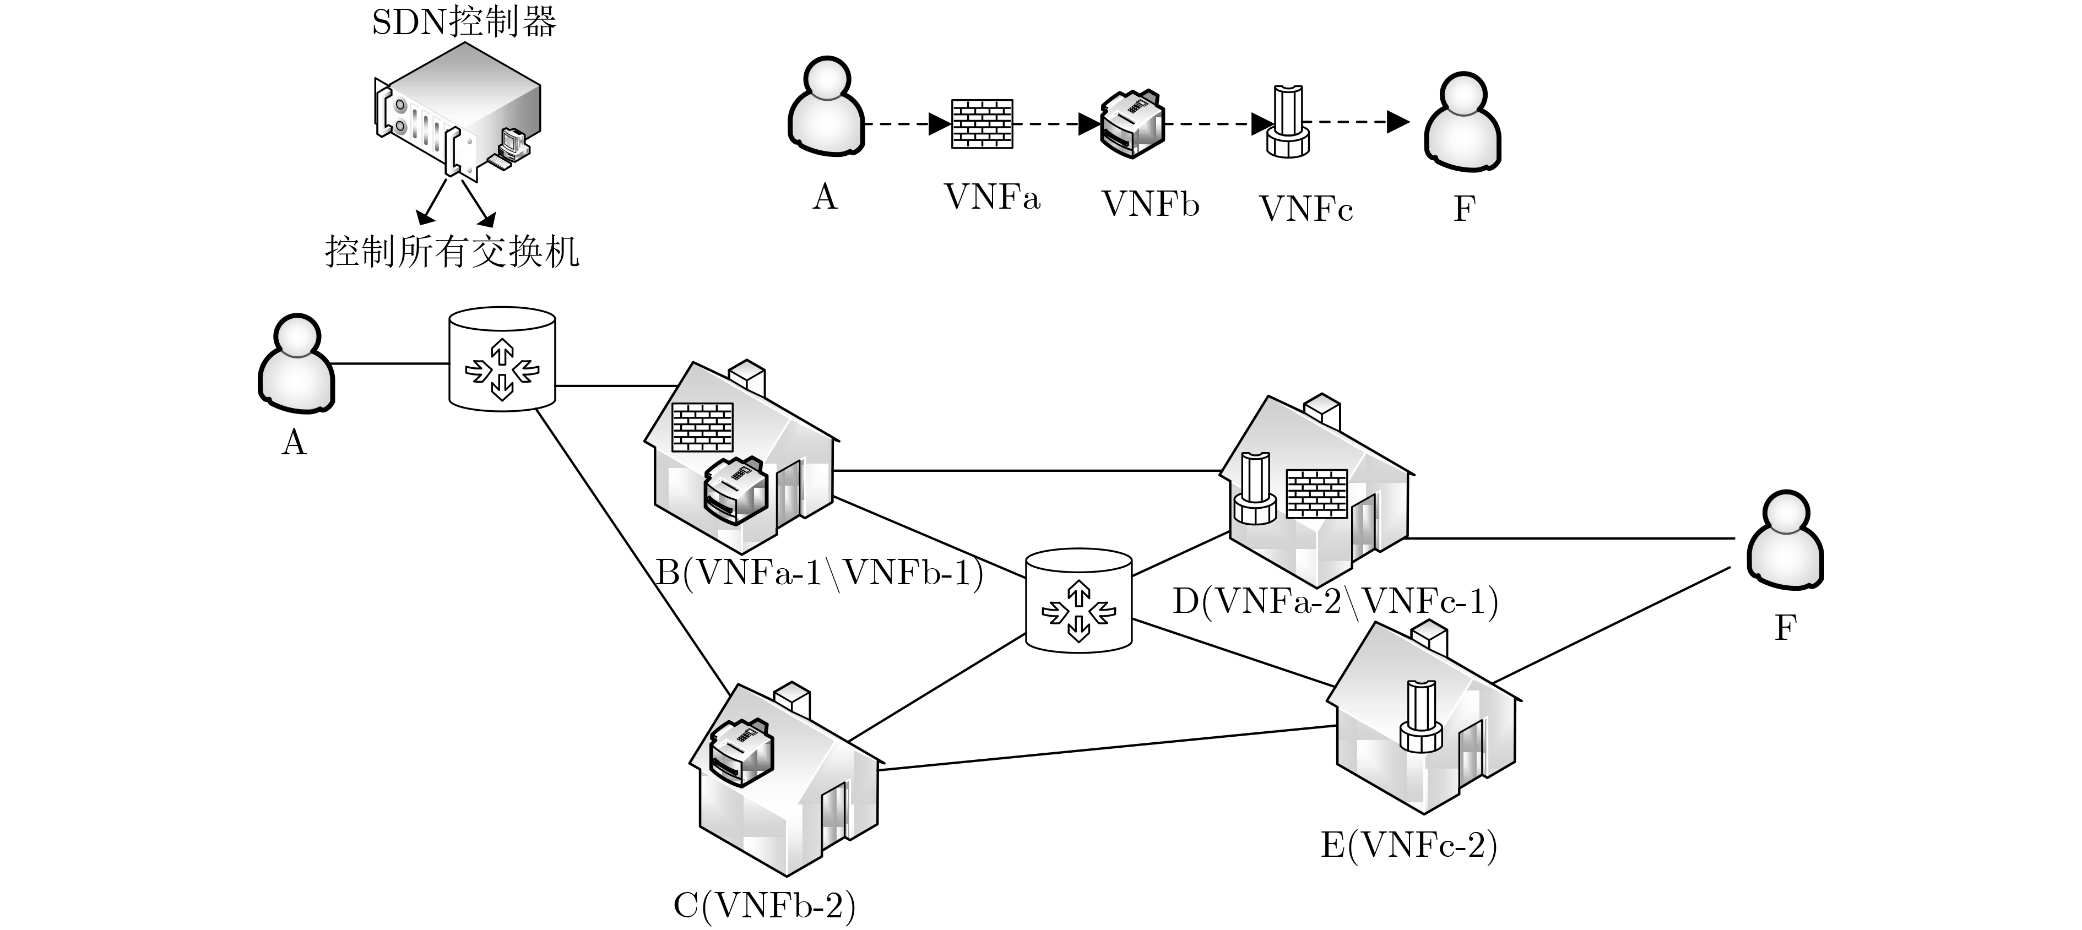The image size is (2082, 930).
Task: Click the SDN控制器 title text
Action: click(464, 22)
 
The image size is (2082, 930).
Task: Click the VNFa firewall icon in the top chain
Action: click(982, 124)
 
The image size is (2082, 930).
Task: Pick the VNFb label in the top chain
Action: click(1150, 204)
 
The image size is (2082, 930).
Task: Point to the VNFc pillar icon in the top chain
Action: click(1287, 122)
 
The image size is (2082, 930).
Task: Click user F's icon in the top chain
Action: click(1462, 122)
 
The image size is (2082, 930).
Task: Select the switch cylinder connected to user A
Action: click(502, 359)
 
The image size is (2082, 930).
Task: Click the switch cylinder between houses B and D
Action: click(1078, 600)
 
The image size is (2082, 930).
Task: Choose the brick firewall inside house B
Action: click(702, 427)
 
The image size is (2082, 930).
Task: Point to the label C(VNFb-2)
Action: click(765, 906)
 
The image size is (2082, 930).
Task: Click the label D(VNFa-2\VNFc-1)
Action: click(1335, 601)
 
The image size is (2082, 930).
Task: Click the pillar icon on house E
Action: click(1420, 717)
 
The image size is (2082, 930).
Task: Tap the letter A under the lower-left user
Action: click(294, 443)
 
